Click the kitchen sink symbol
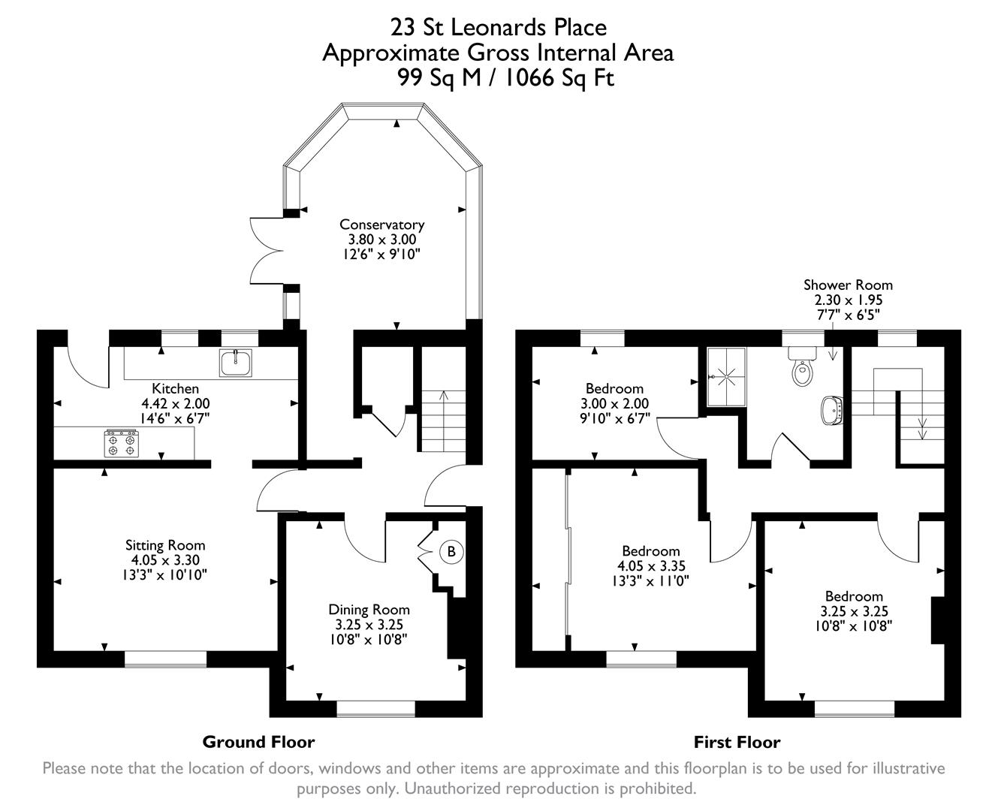(x=237, y=363)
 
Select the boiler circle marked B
(x=451, y=552)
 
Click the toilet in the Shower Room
(x=802, y=369)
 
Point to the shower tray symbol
(x=725, y=377)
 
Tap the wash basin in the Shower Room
(x=833, y=411)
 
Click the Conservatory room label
(x=381, y=225)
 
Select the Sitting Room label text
(x=164, y=545)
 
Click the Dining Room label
(x=369, y=610)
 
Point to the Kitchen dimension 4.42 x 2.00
(x=175, y=403)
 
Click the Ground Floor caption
(x=258, y=742)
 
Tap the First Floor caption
(x=736, y=743)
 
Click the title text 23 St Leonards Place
(x=498, y=28)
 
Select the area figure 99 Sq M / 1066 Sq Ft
(x=505, y=77)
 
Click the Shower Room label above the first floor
(x=848, y=285)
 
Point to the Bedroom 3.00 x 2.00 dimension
(x=614, y=403)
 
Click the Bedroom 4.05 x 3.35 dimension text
(x=650, y=566)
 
